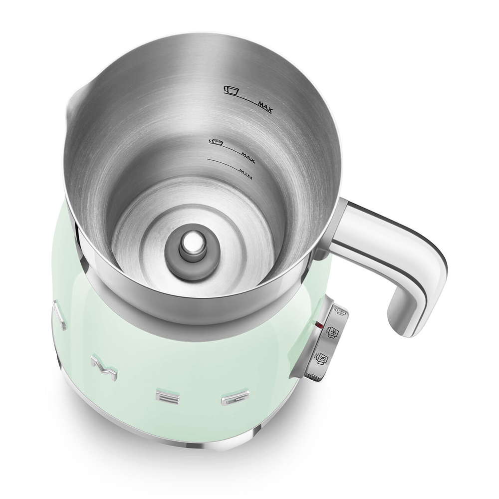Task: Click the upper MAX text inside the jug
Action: (265, 105)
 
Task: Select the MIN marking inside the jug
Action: (245, 174)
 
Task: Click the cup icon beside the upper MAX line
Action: (232, 90)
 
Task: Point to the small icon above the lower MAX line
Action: (215, 142)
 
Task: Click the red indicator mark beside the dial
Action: (318, 325)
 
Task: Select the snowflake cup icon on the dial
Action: (331, 333)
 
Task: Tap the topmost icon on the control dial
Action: (341, 311)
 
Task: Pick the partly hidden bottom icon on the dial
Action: (313, 377)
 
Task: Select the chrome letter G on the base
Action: (235, 398)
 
